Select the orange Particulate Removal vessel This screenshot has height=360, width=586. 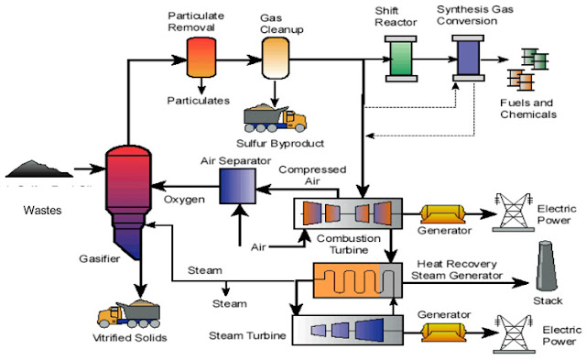point(201,57)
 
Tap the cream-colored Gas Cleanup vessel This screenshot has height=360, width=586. point(275,58)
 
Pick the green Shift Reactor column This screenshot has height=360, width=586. point(401,59)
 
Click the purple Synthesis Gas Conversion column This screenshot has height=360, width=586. point(468,58)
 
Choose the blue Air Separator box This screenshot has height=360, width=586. point(237,186)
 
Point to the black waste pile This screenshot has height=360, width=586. point(38,169)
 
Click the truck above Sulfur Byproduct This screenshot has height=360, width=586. point(275,119)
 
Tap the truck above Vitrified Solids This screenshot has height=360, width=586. point(129,314)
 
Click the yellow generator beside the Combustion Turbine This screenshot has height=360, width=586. point(443,214)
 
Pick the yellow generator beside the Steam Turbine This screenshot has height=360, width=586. point(443,332)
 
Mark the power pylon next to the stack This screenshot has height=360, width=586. point(514,212)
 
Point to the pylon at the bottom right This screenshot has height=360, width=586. point(515,333)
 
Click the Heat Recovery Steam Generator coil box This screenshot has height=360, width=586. point(358,280)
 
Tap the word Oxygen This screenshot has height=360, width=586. point(184,200)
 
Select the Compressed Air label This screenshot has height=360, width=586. point(312,175)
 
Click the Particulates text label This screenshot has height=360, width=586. point(199,101)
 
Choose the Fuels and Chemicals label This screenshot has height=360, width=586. point(528,108)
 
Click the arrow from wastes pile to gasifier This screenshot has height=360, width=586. point(90,169)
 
